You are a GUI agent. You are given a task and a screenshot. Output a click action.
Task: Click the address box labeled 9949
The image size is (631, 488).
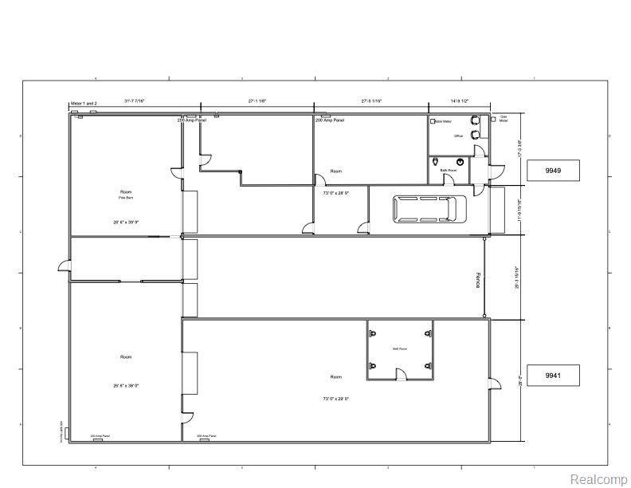(x=552, y=170)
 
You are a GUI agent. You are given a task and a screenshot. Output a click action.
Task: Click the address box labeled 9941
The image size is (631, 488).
(x=552, y=375)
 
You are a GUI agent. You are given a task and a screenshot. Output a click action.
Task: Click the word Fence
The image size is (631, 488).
(x=479, y=279)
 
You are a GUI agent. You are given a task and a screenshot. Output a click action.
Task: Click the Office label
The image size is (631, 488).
(x=458, y=136)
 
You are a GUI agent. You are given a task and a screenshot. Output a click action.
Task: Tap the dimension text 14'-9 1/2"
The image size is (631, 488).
(x=459, y=101)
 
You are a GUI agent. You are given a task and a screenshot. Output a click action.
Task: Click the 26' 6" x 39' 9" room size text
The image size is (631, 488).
(x=125, y=221)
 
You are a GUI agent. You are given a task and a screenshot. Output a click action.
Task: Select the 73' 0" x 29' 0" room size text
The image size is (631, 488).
(x=335, y=398)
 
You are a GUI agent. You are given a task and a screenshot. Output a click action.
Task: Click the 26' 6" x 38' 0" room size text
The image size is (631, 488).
(x=125, y=385)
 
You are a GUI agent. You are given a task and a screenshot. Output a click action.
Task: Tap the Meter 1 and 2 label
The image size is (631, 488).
(x=84, y=104)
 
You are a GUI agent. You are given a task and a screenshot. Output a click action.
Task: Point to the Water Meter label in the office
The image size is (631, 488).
(x=442, y=121)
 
